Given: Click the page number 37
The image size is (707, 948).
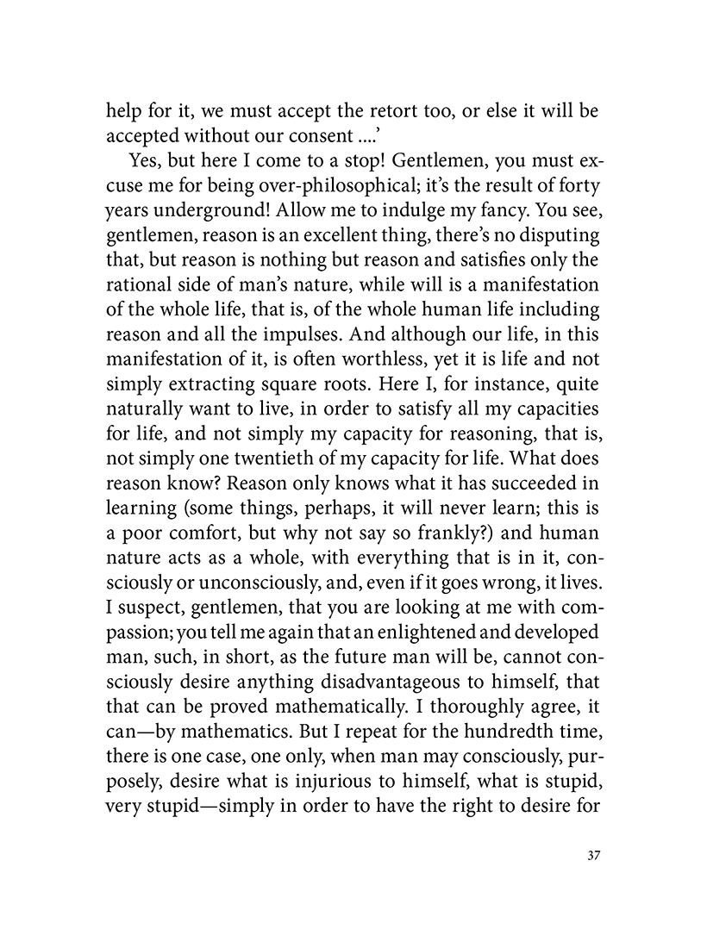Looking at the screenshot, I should [591, 857].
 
